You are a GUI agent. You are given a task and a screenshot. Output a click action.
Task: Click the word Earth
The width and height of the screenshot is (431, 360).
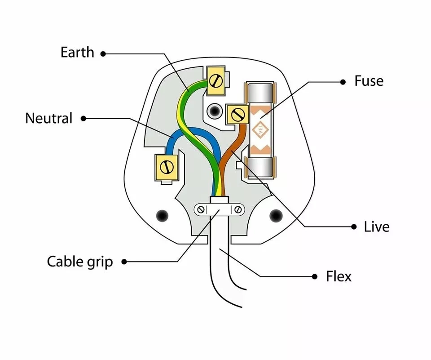(x=77, y=53)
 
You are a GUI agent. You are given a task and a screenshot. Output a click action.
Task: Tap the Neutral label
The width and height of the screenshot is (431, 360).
(x=48, y=119)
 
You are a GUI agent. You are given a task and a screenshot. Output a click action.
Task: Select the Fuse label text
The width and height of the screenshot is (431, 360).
(x=369, y=81)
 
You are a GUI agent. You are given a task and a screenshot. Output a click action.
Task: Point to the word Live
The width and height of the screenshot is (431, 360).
(x=376, y=227)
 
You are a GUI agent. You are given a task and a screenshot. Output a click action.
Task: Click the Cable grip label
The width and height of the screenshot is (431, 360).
(x=79, y=261)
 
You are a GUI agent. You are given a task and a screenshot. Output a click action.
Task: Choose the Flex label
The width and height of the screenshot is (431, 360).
(x=339, y=276)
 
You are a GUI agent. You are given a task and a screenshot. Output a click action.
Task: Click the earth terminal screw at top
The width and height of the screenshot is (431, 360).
(x=216, y=81)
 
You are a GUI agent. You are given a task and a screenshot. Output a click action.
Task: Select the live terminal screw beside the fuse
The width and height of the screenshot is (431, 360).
(x=237, y=115)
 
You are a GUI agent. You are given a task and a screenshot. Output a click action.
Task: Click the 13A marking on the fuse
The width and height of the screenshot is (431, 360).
(x=260, y=129)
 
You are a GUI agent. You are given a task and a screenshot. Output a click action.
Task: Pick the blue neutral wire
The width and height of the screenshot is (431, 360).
(x=170, y=143)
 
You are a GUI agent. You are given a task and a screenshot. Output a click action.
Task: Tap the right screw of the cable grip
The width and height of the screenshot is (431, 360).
(x=238, y=209)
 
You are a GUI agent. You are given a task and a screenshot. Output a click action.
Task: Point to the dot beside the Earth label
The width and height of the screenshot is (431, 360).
(x=103, y=53)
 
